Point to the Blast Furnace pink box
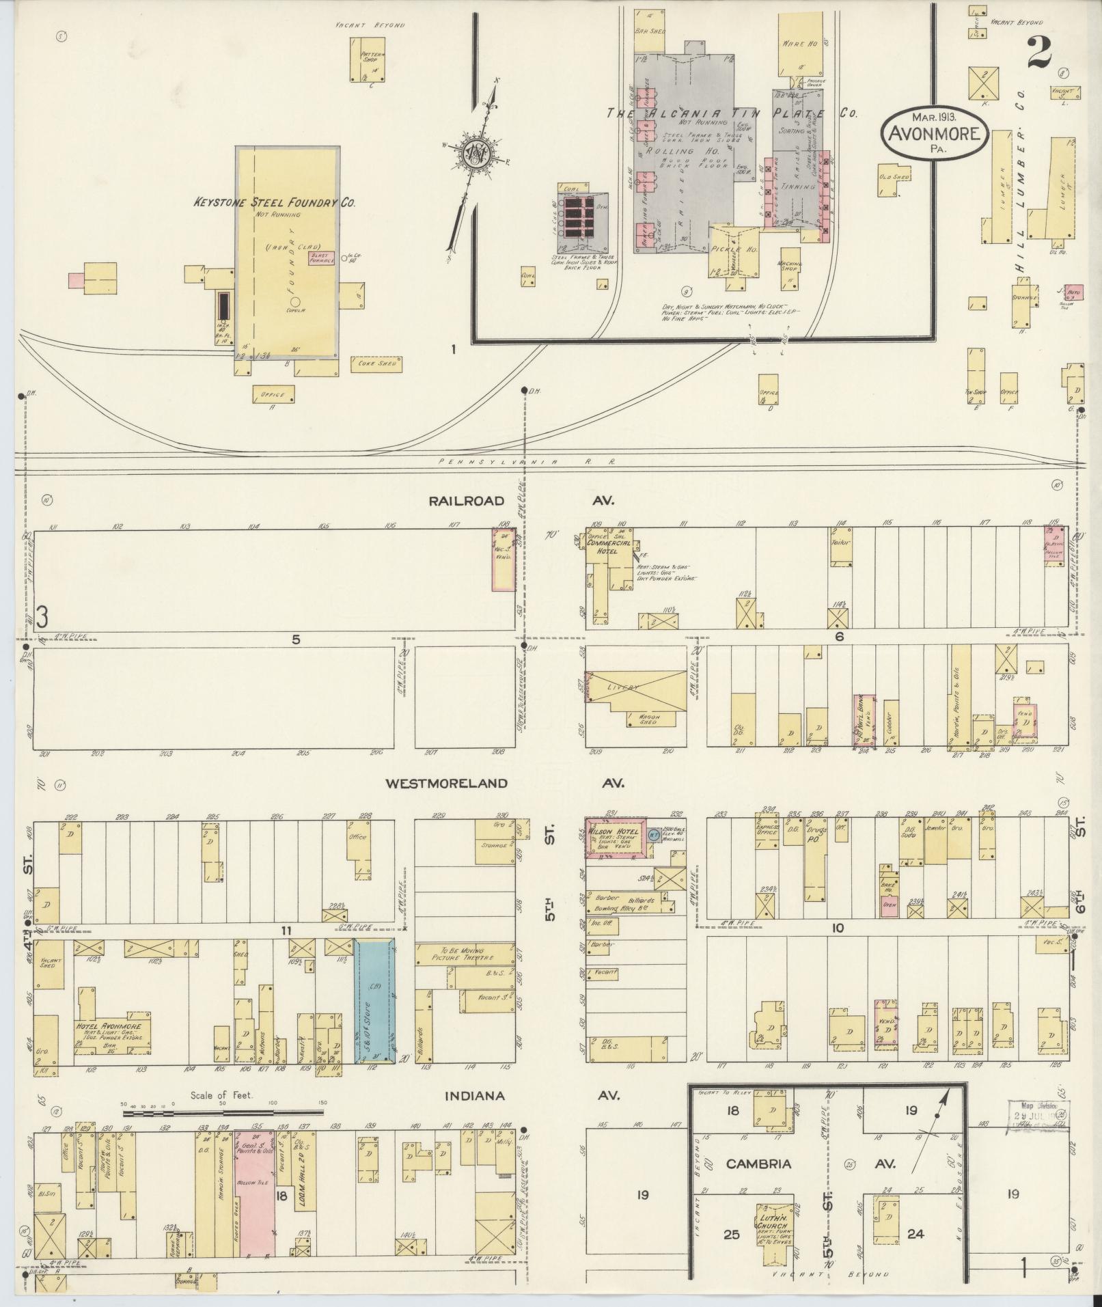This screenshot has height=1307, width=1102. click(x=321, y=258)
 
